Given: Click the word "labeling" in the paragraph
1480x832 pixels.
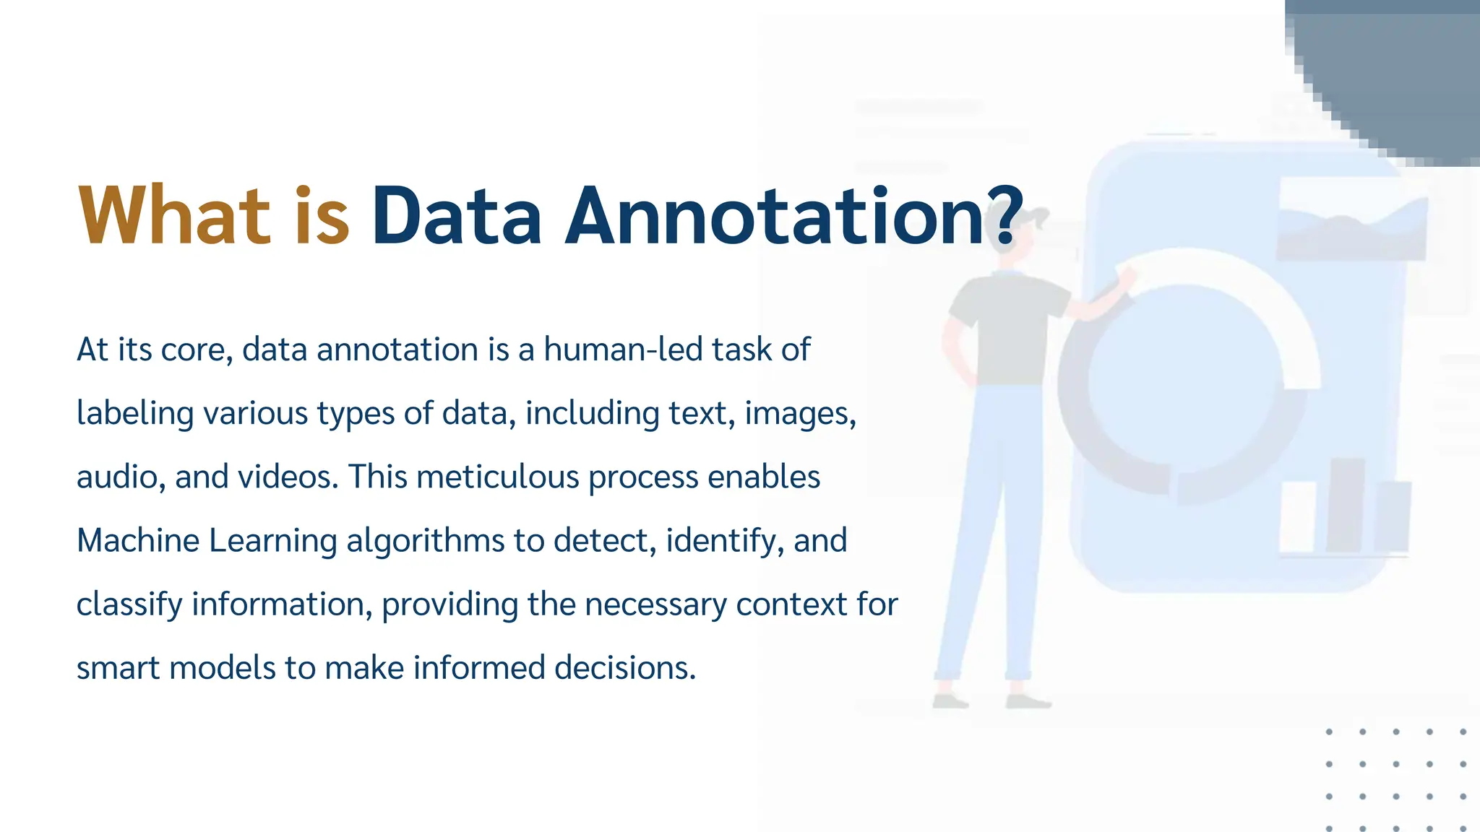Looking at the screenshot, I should (x=135, y=414).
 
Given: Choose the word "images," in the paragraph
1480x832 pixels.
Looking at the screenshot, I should (x=800, y=414).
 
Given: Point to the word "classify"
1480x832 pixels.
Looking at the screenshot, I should (x=129, y=604).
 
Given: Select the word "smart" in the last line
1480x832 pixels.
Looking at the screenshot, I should (x=118, y=668).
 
